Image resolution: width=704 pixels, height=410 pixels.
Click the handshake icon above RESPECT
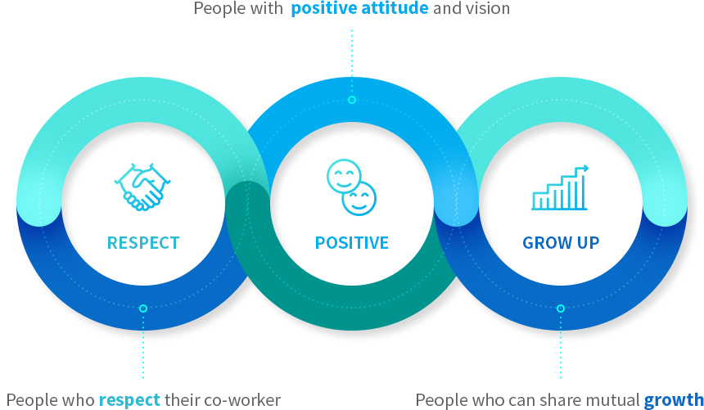click(x=142, y=187)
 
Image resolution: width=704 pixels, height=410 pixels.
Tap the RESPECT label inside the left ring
click(x=143, y=243)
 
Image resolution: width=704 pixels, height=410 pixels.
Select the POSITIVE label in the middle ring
click(x=352, y=243)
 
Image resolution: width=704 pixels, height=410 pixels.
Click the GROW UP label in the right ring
click(x=561, y=243)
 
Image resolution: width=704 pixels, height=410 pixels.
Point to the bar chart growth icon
click(x=560, y=187)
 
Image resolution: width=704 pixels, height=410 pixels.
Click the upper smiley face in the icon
click(x=344, y=176)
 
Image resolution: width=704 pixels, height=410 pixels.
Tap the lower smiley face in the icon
click(x=359, y=199)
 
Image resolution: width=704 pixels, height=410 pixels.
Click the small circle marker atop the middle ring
click(x=352, y=100)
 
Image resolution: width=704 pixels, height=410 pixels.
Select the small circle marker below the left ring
click(x=143, y=309)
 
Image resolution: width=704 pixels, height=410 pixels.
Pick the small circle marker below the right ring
click(x=561, y=309)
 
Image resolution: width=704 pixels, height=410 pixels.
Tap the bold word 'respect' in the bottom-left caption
click(x=129, y=399)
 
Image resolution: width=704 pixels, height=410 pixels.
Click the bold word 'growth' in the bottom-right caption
click(x=674, y=399)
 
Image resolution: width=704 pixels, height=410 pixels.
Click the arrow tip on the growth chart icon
click(x=587, y=169)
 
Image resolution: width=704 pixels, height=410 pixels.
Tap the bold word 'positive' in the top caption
click(x=323, y=8)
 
